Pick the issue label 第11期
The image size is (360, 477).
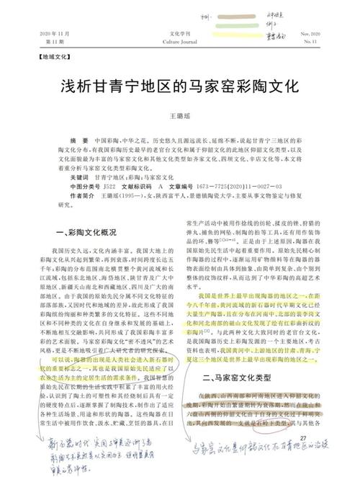click(42, 43)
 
